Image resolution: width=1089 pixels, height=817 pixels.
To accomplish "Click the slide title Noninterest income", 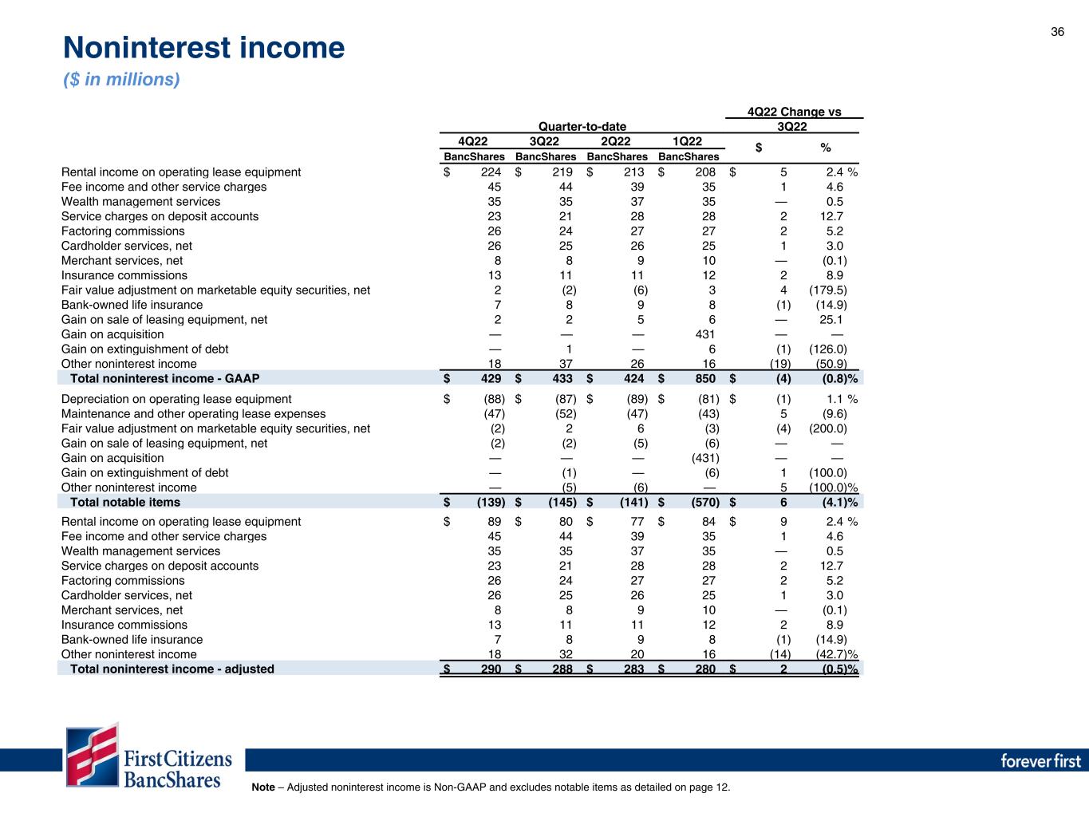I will point(203,49).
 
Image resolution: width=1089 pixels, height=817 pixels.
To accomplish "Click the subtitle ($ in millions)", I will point(121,80).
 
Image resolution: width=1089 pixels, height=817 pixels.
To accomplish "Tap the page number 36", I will point(1057,32).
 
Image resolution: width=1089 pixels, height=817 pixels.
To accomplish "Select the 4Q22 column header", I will point(473,142).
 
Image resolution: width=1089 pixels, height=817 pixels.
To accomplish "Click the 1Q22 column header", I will point(688,142).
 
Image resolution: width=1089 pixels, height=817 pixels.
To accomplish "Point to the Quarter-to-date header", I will point(582,126).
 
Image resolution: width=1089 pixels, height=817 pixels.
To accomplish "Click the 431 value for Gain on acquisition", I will point(705,334).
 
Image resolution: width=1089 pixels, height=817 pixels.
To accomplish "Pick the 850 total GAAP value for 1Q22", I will point(705,378).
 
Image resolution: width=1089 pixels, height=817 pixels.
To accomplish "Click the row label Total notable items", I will point(125,502).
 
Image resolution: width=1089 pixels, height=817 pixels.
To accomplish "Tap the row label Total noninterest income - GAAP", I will point(164,378).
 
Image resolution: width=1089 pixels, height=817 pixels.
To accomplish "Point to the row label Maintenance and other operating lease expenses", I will point(193,413).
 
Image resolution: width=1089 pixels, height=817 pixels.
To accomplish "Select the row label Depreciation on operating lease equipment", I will point(176,399).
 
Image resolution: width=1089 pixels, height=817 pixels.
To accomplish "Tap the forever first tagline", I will point(1040,760).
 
